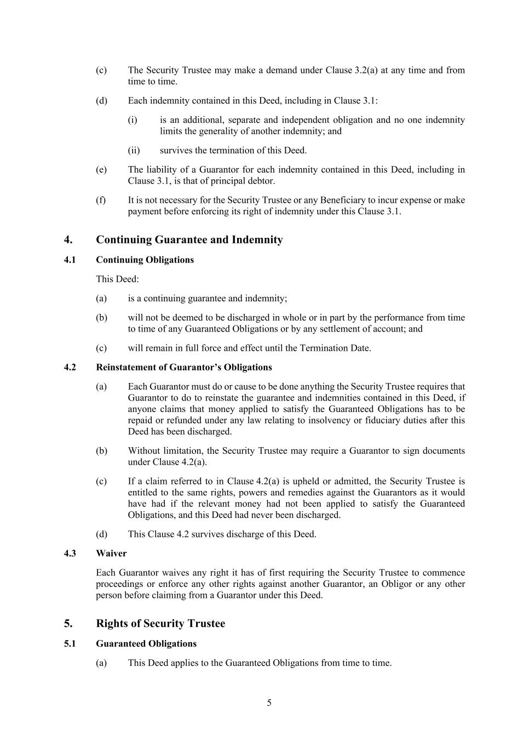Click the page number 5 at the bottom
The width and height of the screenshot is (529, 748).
[x=269, y=703]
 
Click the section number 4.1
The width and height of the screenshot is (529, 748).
[x=70, y=260]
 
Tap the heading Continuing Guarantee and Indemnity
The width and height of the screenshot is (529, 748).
[x=189, y=239]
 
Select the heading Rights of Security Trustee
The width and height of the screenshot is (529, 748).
[x=160, y=624]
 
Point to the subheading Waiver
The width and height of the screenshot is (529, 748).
[x=111, y=553]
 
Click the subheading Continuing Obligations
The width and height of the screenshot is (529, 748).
[x=145, y=260]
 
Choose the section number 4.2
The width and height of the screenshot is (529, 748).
[x=70, y=367]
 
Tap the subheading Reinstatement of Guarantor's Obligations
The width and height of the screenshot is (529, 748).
[x=183, y=367]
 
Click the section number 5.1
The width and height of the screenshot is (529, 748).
[x=70, y=643]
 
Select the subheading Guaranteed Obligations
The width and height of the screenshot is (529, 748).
[x=146, y=643]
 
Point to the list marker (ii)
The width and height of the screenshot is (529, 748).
[x=134, y=150]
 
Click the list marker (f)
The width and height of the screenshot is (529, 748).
[x=101, y=200]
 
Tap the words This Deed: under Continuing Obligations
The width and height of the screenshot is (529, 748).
[x=117, y=279]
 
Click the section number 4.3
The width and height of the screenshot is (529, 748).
[x=70, y=553]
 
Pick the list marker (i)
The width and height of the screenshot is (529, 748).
[x=133, y=120]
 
